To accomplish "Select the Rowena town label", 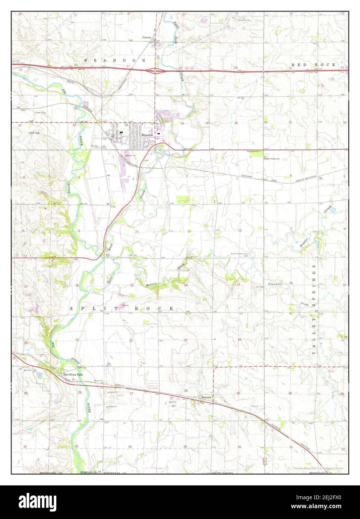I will coord(206,397).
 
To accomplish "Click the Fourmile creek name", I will coord(275,285).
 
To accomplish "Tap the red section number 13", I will coord(238,285).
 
